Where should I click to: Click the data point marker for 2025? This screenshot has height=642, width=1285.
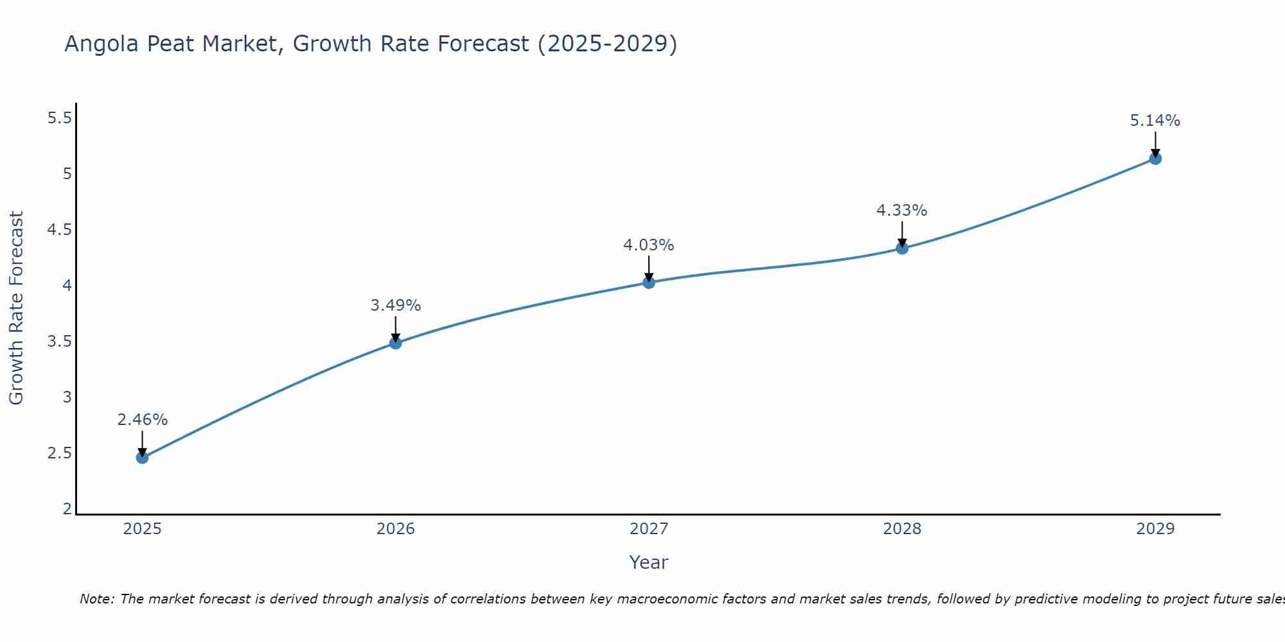click(142, 458)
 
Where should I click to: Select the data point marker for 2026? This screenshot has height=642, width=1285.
click(396, 343)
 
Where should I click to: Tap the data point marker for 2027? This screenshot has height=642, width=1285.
click(649, 282)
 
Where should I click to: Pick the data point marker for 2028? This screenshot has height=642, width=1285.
click(902, 248)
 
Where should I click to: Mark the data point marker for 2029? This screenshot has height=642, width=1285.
click(1155, 159)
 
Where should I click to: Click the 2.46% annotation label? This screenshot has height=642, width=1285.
click(142, 420)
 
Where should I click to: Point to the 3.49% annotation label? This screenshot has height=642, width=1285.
click(396, 306)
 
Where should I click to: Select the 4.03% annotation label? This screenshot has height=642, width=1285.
click(649, 245)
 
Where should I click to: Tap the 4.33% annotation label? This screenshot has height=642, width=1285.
click(902, 211)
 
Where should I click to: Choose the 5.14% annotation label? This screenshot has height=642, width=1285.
click(1155, 121)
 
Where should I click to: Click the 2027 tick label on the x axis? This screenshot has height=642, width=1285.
click(649, 529)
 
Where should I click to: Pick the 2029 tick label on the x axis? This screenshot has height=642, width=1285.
click(1155, 529)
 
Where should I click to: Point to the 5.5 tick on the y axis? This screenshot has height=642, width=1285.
click(59, 118)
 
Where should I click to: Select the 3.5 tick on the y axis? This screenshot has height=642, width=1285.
click(59, 342)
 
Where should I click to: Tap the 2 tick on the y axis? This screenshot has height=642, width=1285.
click(67, 509)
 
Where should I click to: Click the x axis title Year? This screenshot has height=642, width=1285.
click(649, 562)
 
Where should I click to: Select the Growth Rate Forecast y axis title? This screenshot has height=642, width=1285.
click(16, 308)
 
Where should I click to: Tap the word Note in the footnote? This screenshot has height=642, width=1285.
click(96, 599)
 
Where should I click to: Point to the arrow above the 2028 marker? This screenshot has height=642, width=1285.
click(902, 234)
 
